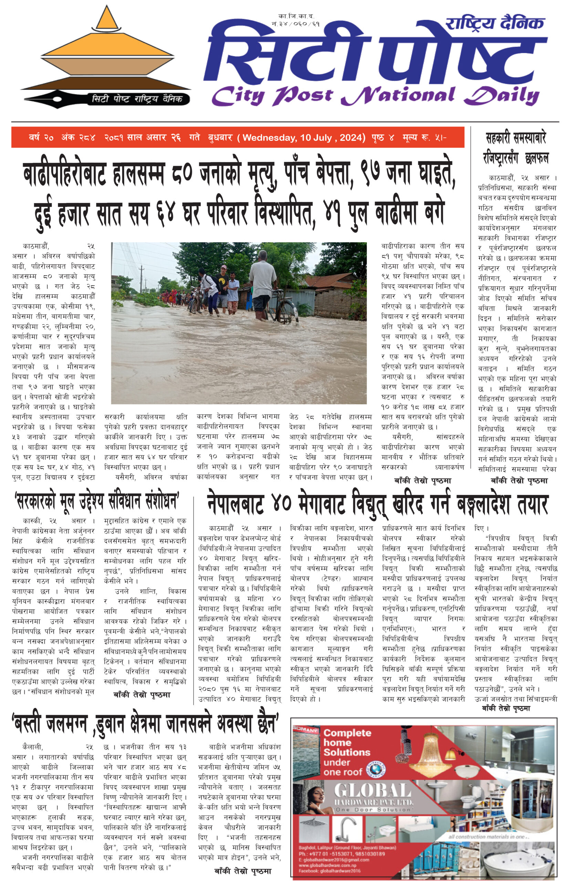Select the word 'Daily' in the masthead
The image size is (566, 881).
coord(501,96)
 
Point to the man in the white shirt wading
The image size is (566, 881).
coord(262,283)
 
